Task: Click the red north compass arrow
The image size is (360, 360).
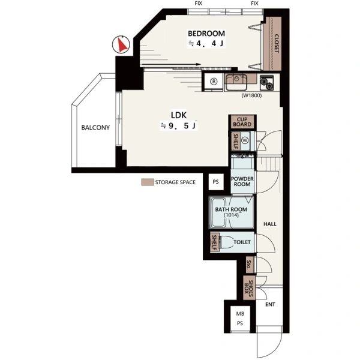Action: (x=122, y=44)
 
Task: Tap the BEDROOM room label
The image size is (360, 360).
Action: (x=206, y=34)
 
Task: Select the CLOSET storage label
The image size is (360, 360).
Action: (x=277, y=44)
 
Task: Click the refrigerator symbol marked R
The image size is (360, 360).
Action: (x=214, y=81)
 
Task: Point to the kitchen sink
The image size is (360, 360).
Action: (x=236, y=82)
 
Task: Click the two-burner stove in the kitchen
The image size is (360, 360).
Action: (x=266, y=83)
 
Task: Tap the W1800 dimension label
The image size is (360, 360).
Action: (x=251, y=95)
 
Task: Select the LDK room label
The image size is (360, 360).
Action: (x=179, y=115)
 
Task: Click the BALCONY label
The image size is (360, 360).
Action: (x=95, y=127)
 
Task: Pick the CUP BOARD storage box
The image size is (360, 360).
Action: (x=242, y=122)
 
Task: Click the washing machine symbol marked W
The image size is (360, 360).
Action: (x=245, y=140)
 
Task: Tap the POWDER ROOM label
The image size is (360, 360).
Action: (x=242, y=181)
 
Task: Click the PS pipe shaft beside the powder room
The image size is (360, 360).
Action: (x=216, y=182)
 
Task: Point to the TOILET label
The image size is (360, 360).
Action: (x=242, y=242)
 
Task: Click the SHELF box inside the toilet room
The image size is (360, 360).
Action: (x=214, y=242)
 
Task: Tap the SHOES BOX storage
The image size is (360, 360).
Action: (x=249, y=288)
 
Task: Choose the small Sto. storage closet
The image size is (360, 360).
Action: (x=250, y=265)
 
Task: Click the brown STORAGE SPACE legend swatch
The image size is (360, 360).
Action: (x=148, y=182)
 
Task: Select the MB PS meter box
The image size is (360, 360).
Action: (x=240, y=319)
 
